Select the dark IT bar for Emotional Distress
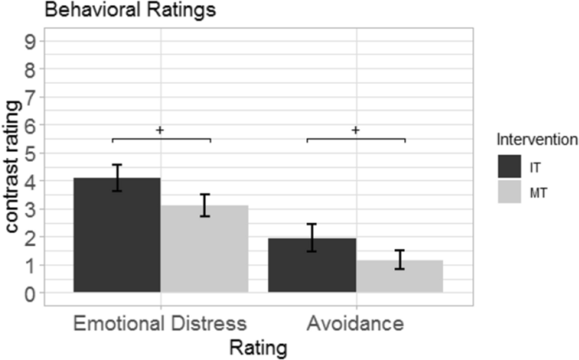(117, 236)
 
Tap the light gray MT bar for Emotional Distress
(205, 249)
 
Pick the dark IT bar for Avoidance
(312, 266)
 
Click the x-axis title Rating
(258, 346)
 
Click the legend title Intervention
(537, 137)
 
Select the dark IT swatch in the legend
(510, 166)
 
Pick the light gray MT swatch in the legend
(510, 194)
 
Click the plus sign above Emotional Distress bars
(160, 130)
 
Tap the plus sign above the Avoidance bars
(355, 130)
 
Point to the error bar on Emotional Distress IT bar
(117, 177)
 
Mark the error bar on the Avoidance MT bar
(399, 259)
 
